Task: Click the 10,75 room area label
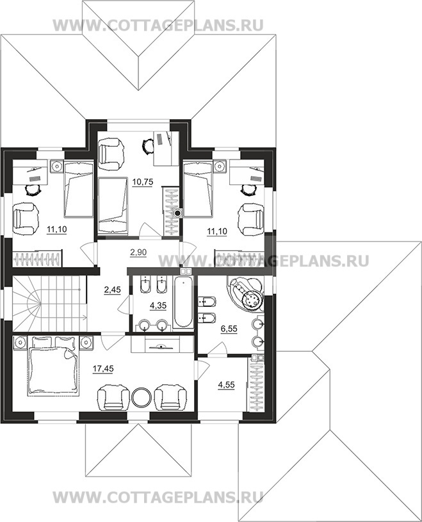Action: [x=142, y=182]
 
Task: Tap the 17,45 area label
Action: [x=103, y=368]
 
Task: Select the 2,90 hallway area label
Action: [x=138, y=252]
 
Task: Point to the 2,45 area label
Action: [x=112, y=290]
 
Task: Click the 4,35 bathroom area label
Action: [x=158, y=306]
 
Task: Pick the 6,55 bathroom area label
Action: [x=229, y=329]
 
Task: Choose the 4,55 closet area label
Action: [x=226, y=385]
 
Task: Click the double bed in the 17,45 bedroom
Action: [x=53, y=366]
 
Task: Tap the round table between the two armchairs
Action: [x=142, y=396]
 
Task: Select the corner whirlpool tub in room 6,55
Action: [x=246, y=293]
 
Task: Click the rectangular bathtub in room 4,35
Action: [x=183, y=302]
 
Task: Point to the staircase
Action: [x=50, y=302]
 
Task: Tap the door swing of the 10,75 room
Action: [x=145, y=231]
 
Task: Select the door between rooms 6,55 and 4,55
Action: [x=218, y=350]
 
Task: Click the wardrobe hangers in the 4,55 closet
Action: [x=256, y=387]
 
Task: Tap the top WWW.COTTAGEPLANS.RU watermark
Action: [x=158, y=26]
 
